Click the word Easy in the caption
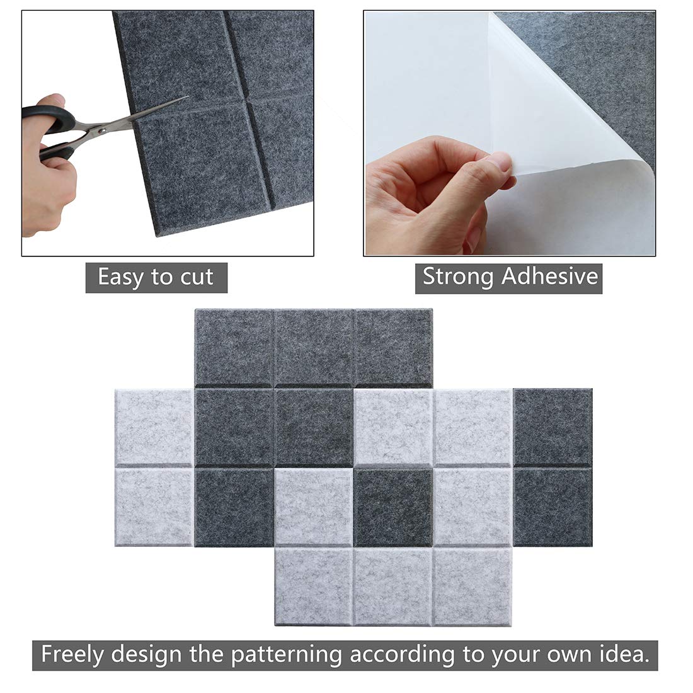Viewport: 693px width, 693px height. point(120,277)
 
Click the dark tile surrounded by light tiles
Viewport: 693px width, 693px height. point(393,507)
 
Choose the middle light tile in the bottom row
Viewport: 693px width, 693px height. point(393,586)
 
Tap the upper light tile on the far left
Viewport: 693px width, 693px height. point(154,427)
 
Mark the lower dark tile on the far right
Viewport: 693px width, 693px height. point(553,507)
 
